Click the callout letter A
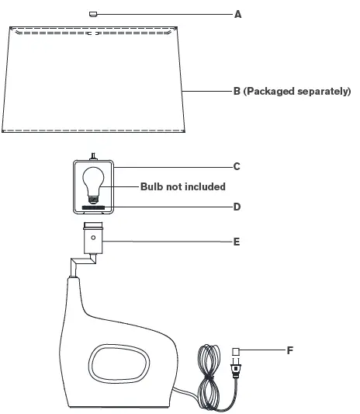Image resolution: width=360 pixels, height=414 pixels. pyautogui.click(x=238, y=14)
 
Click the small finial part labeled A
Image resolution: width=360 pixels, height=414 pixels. pyautogui.click(x=93, y=13)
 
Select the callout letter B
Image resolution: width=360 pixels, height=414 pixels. pyautogui.click(x=237, y=91)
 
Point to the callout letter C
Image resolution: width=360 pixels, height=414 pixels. pyautogui.click(x=237, y=166)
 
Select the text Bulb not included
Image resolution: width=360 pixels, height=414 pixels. pyautogui.click(x=182, y=186)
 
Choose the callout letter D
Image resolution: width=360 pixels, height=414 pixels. pyautogui.click(x=237, y=207)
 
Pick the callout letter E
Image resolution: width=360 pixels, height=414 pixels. pyautogui.click(x=237, y=242)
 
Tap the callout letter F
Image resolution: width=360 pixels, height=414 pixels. pyautogui.click(x=289, y=350)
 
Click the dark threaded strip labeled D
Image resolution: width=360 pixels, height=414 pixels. pyautogui.click(x=93, y=207)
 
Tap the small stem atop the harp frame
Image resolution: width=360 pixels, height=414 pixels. pyautogui.click(x=93, y=156)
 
